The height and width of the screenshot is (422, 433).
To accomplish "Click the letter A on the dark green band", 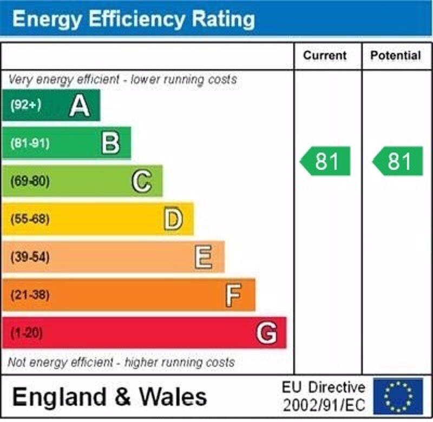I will tap(79, 105).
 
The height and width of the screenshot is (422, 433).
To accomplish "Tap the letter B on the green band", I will tap(110, 143).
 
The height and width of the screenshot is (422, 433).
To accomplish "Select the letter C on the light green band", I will tap(142, 181).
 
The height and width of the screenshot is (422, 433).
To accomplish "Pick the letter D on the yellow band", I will tap(173, 219).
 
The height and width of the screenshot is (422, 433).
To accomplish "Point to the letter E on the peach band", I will tap(204, 257).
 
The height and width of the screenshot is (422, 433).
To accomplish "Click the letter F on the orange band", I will tap(233, 295).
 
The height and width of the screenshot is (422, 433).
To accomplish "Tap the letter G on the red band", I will tap(266, 333).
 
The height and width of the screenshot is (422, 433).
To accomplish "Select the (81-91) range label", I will tap(30, 143).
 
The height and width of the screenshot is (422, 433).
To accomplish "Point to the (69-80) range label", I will tap(30, 181).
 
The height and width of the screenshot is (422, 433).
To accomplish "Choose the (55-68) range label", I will tap(30, 219).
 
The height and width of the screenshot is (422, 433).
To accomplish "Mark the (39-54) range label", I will tap(30, 257).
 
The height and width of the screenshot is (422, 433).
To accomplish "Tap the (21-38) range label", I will tap(30, 295).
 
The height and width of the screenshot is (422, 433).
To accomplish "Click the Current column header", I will tap(325, 55).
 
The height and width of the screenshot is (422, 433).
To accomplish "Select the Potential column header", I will tap(396, 55).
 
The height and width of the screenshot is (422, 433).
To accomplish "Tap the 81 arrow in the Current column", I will tap(326, 161).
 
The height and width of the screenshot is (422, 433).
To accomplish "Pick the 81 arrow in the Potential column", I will tap(398, 161).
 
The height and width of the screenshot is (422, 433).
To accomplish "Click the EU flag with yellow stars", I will tap(398, 396).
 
